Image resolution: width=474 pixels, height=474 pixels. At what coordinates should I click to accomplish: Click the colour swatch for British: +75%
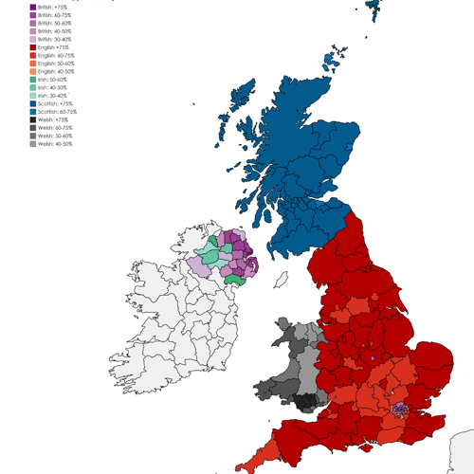(33, 7)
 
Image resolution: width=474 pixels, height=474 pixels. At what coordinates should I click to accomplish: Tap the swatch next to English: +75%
(33, 46)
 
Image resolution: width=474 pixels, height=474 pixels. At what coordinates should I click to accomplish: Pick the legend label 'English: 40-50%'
(55, 70)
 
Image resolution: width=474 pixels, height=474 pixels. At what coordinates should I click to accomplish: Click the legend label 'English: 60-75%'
(55, 55)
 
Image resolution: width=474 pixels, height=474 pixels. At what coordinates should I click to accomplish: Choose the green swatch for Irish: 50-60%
(33, 79)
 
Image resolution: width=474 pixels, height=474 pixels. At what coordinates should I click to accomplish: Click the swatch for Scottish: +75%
(33, 102)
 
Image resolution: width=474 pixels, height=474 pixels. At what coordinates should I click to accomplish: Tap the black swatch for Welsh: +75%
(33, 118)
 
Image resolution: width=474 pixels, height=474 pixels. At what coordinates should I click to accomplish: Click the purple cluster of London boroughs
(401, 409)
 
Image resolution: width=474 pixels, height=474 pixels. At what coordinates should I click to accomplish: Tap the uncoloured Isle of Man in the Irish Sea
(282, 281)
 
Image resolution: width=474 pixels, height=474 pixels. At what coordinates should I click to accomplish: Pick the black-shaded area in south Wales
(305, 403)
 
